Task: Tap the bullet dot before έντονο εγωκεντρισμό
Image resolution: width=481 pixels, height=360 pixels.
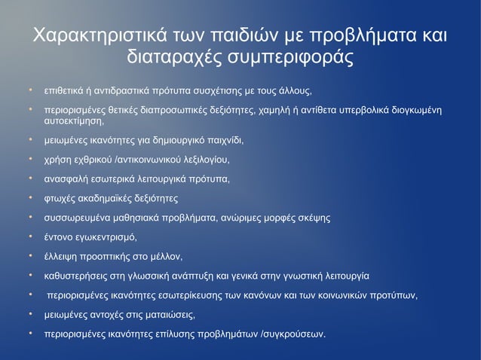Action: (31, 237)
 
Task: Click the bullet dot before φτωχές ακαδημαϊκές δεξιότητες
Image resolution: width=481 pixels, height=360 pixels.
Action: (31, 198)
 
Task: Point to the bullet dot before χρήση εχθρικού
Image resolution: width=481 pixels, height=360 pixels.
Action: (31, 159)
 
